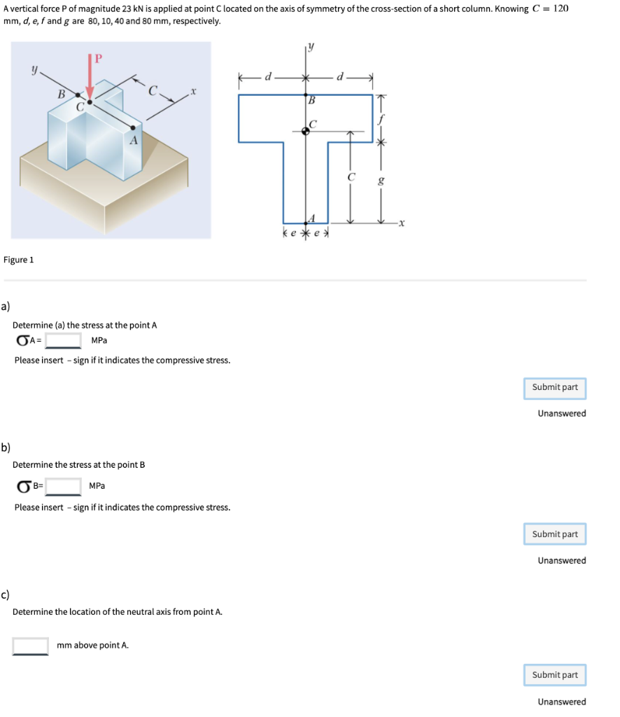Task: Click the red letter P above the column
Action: (98, 57)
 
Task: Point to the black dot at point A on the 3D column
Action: (133, 128)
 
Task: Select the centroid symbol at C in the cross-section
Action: (305, 131)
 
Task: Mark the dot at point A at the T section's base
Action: (305, 223)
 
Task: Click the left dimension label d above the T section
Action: (267, 77)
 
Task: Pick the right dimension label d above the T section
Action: (340, 77)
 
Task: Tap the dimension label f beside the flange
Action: (381, 119)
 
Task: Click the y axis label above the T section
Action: (311, 48)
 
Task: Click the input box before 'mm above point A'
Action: (31, 646)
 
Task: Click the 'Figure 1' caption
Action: (19, 260)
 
